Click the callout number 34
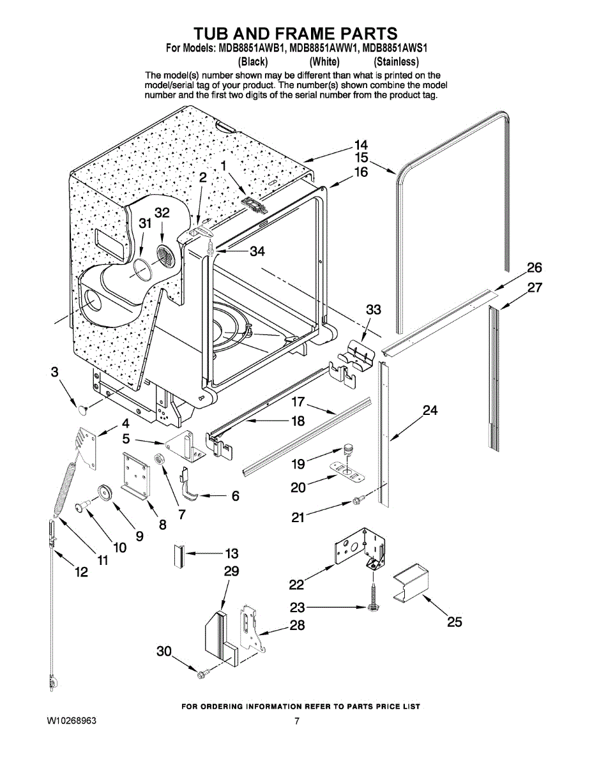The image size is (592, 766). [257, 252]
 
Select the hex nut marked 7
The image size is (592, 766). [158, 460]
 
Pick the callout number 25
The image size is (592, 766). [454, 633]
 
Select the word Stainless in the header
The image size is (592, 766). [397, 62]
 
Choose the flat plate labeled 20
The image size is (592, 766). [347, 471]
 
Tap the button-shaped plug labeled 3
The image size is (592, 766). [84, 409]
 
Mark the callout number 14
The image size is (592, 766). [361, 144]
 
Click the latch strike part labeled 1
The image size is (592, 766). [254, 204]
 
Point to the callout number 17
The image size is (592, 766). [298, 402]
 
